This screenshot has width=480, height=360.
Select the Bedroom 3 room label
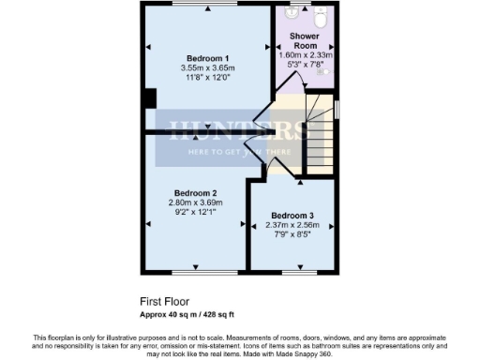coord(292,215)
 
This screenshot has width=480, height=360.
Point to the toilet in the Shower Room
coord(321,16)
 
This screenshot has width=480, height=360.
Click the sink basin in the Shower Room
coord(292,13)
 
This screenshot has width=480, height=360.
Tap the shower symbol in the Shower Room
coord(324,71)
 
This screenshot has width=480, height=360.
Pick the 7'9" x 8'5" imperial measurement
coord(292,234)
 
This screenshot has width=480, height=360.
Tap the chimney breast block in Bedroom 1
coord(148,97)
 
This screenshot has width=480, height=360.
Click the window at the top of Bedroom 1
coord(199,4)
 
